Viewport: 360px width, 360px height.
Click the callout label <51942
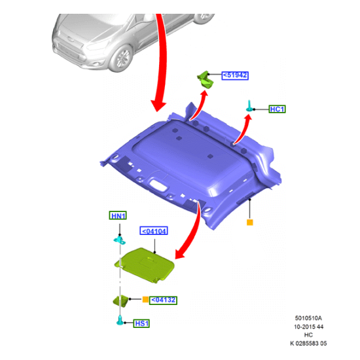click(x=235, y=75)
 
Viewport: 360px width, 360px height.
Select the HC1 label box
click(x=277, y=109)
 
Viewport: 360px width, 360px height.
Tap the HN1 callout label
click(x=118, y=215)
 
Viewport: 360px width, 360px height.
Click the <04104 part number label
click(x=154, y=231)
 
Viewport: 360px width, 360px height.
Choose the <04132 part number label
click(x=163, y=300)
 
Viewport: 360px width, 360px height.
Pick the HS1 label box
click(x=141, y=323)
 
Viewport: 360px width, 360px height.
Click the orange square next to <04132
click(x=145, y=299)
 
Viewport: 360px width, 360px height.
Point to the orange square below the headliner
click(x=250, y=223)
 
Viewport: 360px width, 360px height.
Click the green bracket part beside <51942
click(x=206, y=79)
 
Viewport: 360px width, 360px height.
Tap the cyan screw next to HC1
click(x=249, y=106)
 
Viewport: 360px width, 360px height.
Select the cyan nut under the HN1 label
click(x=120, y=240)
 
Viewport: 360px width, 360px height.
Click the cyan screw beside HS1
click(x=120, y=321)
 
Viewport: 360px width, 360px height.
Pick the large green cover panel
click(x=145, y=264)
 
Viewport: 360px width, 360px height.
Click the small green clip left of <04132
click(x=121, y=300)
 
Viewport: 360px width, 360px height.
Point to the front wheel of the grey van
click(x=121, y=58)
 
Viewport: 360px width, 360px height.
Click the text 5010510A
click(x=308, y=318)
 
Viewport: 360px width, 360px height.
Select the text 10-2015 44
click(x=308, y=327)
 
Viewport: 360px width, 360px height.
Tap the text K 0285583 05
click(x=308, y=344)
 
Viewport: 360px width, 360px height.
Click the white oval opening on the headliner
click(x=158, y=185)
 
